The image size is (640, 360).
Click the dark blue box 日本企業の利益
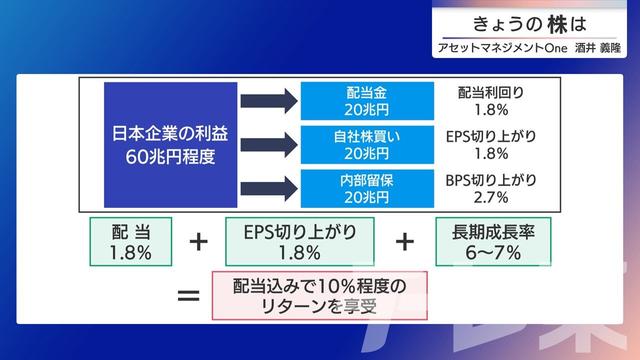(171, 144)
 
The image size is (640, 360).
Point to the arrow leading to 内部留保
(268, 189)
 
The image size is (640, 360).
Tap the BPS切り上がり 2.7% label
(491, 189)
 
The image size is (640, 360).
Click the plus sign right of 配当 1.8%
(200, 242)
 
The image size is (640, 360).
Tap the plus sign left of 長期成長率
(405, 242)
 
